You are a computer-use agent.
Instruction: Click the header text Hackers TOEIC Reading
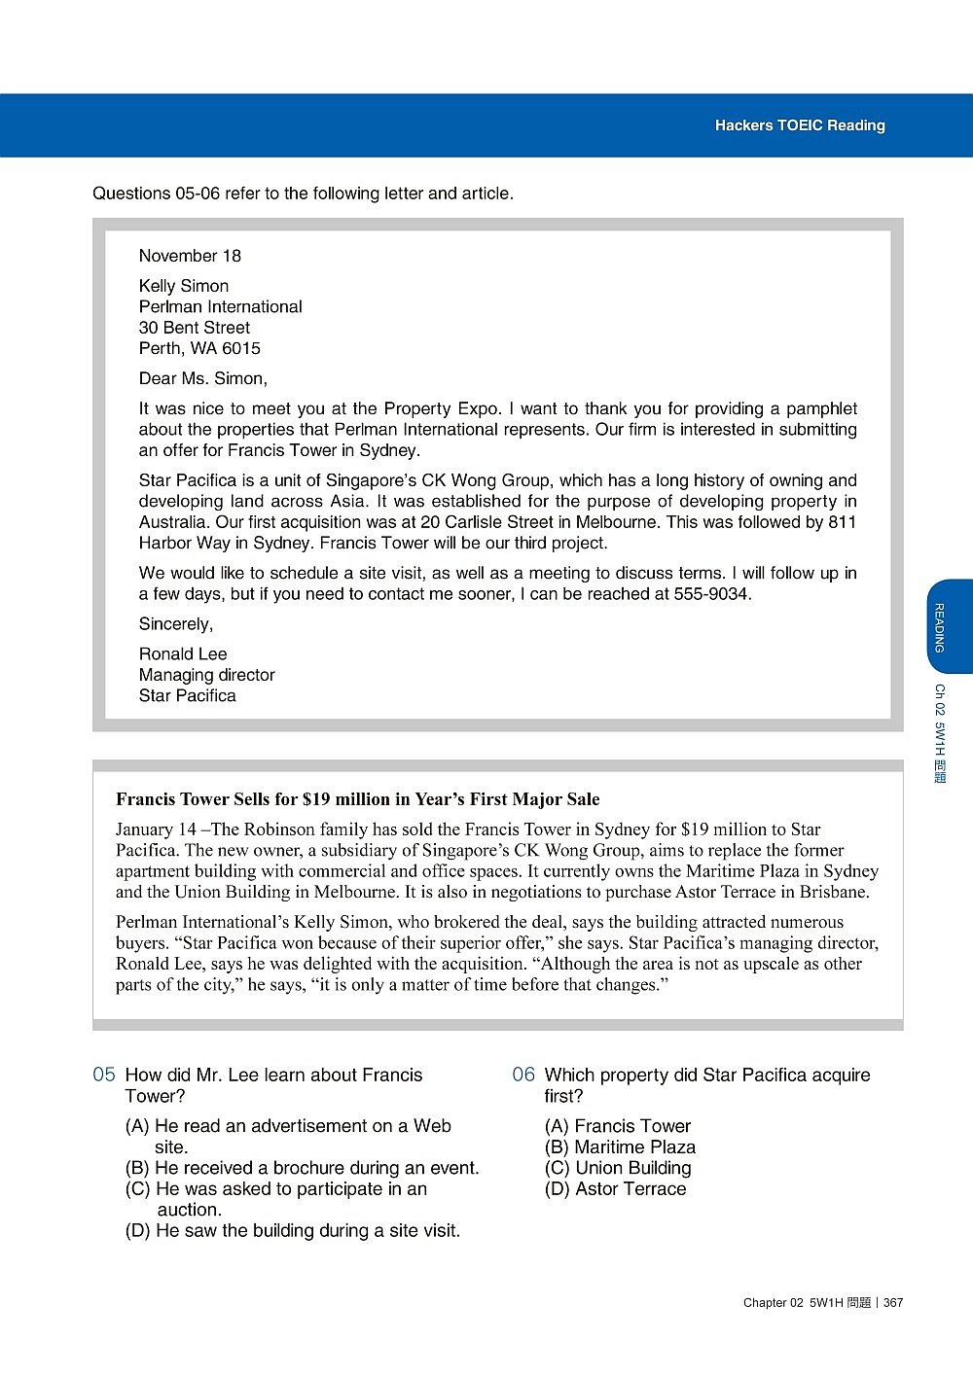[x=800, y=125]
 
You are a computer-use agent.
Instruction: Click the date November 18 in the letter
[x=190, y=256]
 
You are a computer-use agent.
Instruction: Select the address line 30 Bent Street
[x=194, y=328]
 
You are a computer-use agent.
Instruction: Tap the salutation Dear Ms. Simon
[x=202, y=378]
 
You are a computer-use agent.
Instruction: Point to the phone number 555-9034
[x=711, y=593]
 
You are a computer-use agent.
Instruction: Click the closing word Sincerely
[x=175, y=623]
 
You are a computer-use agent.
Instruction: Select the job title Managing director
[x=206, y=675]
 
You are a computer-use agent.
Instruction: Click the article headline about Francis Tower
[x=357, y=799]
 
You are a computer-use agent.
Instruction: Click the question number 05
[x=104, y=1075]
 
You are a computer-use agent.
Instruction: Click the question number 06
[x=523, y=1075]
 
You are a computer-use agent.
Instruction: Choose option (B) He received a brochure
[x=302, y=1168]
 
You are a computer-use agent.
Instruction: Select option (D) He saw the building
[x=292, y=1230]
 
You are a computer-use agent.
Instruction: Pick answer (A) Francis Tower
[x=618, y=1126]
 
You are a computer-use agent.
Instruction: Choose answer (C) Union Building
[x=618, y=1168]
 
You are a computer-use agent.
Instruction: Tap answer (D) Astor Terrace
[x=615, y=1188]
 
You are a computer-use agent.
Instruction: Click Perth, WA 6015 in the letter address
[x=199, y=348]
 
